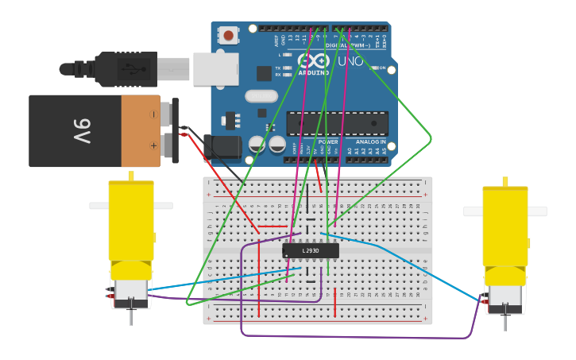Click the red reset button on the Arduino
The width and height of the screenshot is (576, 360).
[x=229, y=35]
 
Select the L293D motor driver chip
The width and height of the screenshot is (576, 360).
[x=311, y=251]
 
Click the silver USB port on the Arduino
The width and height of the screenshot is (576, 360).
[x=215, y=68]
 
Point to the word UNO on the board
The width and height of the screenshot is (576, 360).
[x=350, y=61]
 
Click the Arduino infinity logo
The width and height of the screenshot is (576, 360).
[x=313, y=60]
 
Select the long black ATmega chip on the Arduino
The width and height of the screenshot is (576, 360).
[x=338, y=123]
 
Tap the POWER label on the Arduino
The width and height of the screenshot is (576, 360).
[x=328, y=142]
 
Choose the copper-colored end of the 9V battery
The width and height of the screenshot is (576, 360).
[x=141, y=131]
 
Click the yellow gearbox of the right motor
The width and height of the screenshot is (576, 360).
[x=505, y=230]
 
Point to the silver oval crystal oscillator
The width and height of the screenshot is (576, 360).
[x=261, y=96]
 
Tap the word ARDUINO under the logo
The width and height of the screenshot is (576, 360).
[x=314, y=72]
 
